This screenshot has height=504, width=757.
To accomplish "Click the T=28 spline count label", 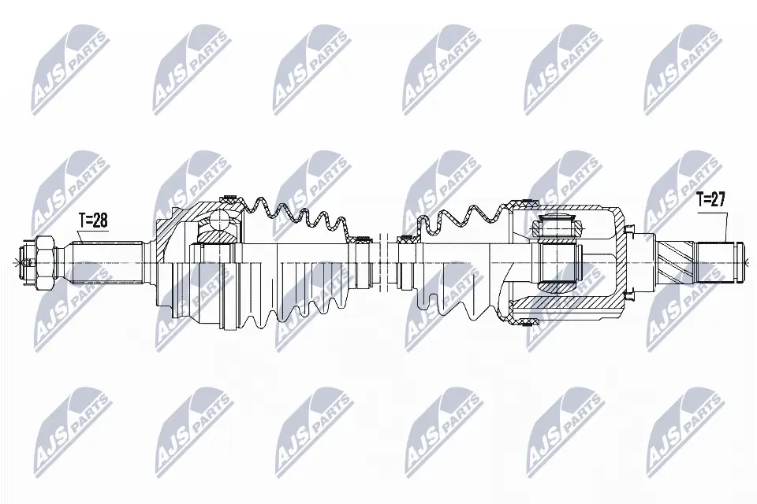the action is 93,220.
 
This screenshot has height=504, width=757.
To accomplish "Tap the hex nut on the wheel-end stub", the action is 43,263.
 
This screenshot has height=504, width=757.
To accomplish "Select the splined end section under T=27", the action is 713,263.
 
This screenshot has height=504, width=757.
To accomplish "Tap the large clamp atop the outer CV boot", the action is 232,198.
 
